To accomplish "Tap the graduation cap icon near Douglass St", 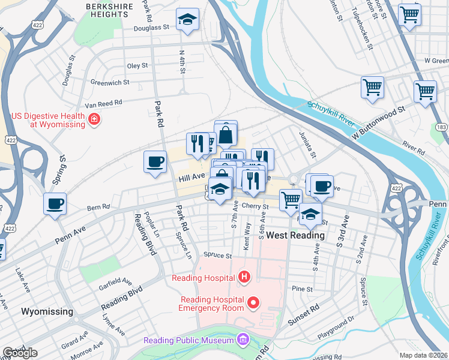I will click(x=187, y=19).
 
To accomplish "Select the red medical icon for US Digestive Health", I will click(x=94, y=120).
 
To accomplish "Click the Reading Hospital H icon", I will click(x=244, y=277).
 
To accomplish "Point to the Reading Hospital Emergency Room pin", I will click(x=253, y=304).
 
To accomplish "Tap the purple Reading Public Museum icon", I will click(x=243, y=341).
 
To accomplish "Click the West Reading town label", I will click(x=295, y=235).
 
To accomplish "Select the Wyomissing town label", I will click(x=47, y=311).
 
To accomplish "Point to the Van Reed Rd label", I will click(x=103, y=104).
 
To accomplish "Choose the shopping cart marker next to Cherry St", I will click(x=291, y=199).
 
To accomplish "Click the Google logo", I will click(x=20, y=353).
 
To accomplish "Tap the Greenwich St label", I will click(x=110, y=82).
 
